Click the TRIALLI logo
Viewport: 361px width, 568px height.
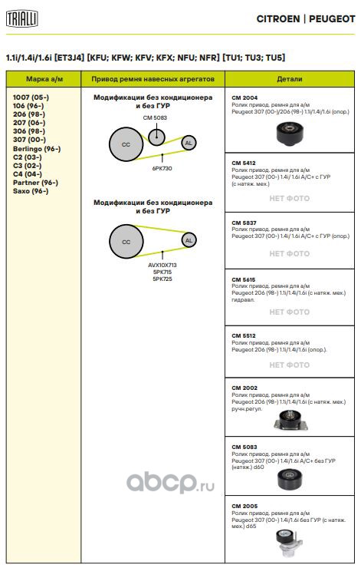pyautogui.click(x=22, y=18)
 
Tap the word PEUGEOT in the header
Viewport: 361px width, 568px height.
pyautogui.click(x=332, y=19)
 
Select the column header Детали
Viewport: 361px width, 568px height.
pyautogui.click(x=290, y=78)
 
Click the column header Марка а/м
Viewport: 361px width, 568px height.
pyautogui.click(x=44, y=79)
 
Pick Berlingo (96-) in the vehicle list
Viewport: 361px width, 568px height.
pyautogui.click(x=37, y=149)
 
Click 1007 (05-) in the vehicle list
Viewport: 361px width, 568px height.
pyautogui.click(x=31, y=97)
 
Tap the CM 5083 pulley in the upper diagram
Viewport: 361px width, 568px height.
pyautogui.click(x=156, y=137)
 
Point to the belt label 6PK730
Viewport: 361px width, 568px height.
pyautogui.click(x=162, y=168)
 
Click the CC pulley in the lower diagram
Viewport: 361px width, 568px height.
pyautogui.click(x=126, y=242)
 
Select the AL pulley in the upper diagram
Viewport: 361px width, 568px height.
pyautogui.click(x=189, y=143)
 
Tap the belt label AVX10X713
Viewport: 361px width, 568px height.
pyautogui.click(x=162, y=265)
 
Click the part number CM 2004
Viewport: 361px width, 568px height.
pyautogui.click(x=244, y=97)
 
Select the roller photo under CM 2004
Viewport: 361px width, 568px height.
pyautogui.click(x=290, y=133)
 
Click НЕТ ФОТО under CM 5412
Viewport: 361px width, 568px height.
pyautogui.click(x=290, y=199)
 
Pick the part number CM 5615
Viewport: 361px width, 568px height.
pyautogui.click(x=244, y=279)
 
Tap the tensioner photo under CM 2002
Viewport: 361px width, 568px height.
pyautogui.click(x=291, y=420)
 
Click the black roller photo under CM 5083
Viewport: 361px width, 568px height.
pyautogui.click(x=290, y=479)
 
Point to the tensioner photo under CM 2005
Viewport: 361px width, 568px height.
pyautogui.click(x=289, y=543)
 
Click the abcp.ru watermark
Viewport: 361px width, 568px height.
pyautogui.click(x=170, y=482)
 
